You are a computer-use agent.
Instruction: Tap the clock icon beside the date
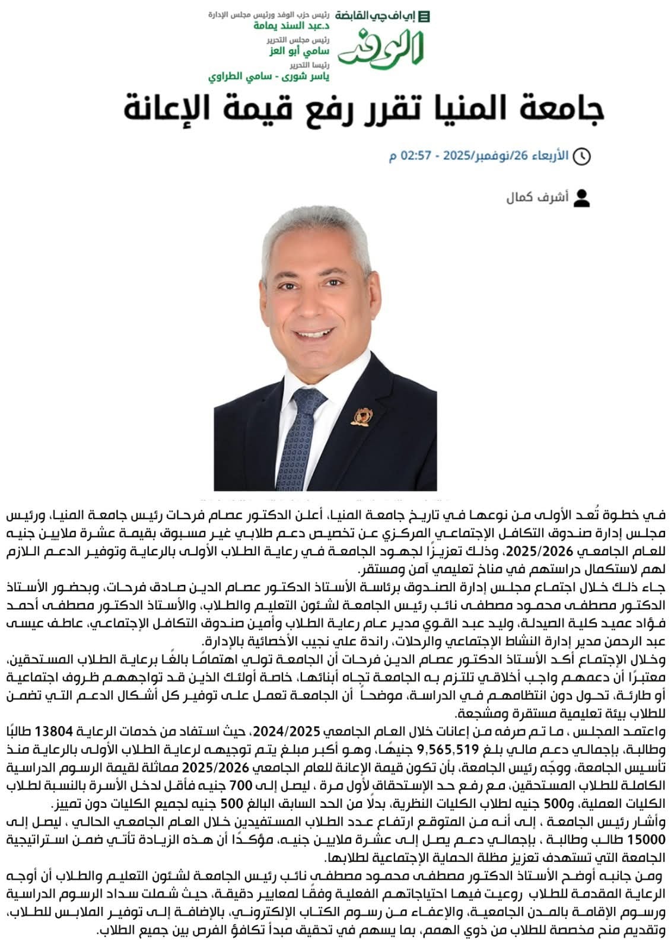click(x=583, y=156)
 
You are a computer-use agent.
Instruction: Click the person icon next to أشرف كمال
click(x=583, y=198)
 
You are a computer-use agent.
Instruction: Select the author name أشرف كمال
click(x=537, y=198)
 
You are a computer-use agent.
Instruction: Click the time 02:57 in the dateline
click(x=415, y=156)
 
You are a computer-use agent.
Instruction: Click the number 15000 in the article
click(x=647, y=837)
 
